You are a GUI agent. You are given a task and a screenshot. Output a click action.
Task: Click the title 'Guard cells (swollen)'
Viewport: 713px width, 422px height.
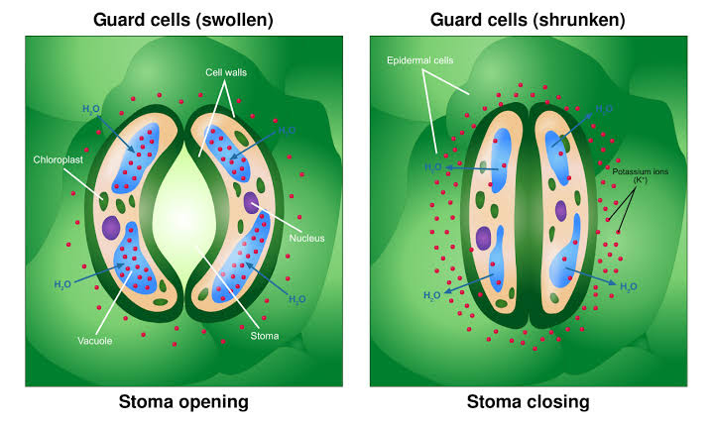[x=183, y=19]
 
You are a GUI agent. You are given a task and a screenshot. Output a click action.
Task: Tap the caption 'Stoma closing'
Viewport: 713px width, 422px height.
[x=528, y=401]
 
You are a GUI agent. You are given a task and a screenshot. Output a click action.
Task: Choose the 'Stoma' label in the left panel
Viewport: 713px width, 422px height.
[x=265, y=336]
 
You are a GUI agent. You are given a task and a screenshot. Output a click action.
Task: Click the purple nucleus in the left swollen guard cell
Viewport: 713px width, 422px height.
[x=110, y=228]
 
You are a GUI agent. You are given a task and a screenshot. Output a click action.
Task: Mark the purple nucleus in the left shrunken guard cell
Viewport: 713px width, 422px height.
[x=484, y=238]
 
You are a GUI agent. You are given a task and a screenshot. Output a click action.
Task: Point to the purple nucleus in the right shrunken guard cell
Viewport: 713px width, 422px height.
[x=561, y=210]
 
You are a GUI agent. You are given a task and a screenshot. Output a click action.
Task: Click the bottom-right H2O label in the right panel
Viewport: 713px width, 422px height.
[x=628, y=287]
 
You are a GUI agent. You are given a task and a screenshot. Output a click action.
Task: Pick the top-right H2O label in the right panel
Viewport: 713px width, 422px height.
[x=605, y=108]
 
